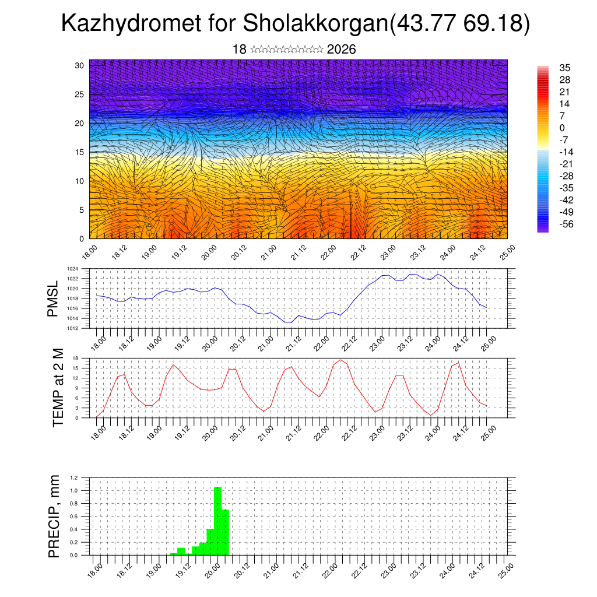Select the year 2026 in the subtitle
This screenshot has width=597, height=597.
(341, 50)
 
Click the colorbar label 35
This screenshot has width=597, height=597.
(564, 68)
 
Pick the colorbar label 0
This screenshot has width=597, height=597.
(561, 128)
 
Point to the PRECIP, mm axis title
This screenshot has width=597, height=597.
(54, 515)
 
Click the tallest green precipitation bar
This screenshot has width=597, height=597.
(218, 521)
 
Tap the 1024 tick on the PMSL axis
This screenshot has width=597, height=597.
(72, 269)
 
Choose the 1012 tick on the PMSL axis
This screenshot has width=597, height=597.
(72, 328)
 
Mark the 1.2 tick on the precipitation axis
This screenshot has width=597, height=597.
(74, 477)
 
